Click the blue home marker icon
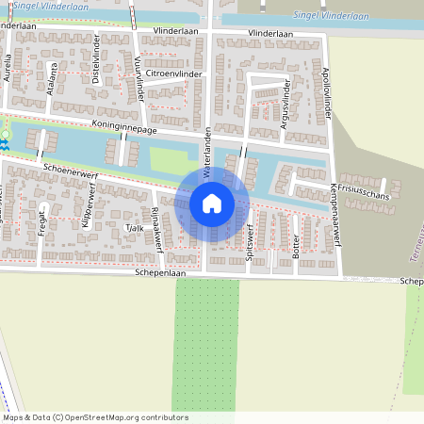[x=212, y=203]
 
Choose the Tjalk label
[x=134, y=227]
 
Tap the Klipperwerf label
[x=88, y=209]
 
